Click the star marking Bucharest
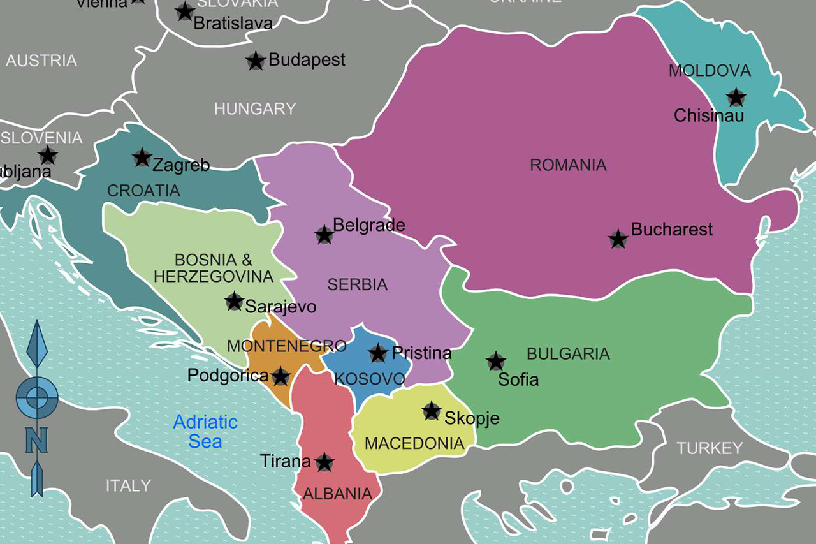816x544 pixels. [618, 239]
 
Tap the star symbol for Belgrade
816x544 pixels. [324, 235]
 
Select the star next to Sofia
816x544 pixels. [496, 362]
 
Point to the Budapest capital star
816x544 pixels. [256, 61]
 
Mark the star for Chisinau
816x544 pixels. [736, 98]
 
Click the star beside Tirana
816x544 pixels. [324, 462]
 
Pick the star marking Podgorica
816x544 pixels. [280, 376]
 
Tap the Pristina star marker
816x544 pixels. [378, 353]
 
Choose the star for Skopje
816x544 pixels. [432, 411]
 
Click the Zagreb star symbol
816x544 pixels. [142, 157]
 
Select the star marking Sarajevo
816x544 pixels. [234, 302]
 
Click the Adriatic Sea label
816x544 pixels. [205, 431]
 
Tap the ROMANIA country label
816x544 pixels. [568, 165]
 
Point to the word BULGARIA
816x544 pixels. [568, 354]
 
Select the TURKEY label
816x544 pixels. [710, 448]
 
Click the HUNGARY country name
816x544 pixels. [255, 109]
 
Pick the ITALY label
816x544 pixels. [128, 485]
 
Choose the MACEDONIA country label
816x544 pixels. [414, 443]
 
